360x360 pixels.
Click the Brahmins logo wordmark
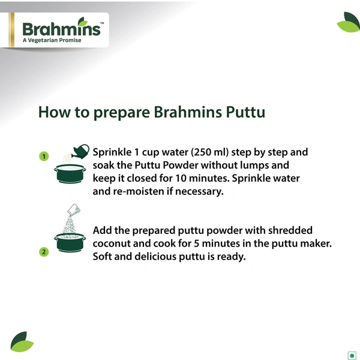click(61, 29)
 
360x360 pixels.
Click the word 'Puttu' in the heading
click(244, 112)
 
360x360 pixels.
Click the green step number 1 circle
click(44, 157)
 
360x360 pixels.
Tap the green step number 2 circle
click(44, 251)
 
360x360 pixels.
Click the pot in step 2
click(71, 242)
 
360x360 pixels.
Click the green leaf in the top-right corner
click(348, 23)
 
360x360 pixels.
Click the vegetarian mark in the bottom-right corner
click(352, 353)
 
